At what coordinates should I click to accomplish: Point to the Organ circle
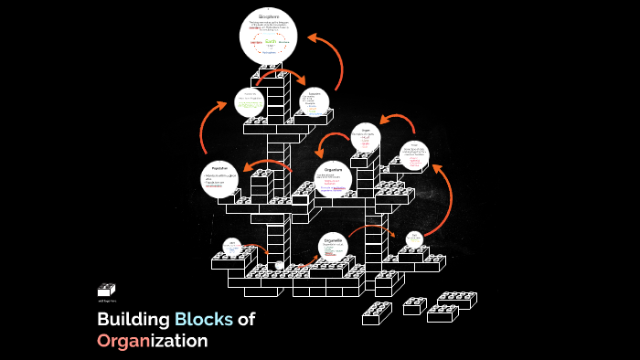tap(368, 139)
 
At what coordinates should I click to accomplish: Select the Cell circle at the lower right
tap(413, 239)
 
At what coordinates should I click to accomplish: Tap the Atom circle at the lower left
tap(232, 248)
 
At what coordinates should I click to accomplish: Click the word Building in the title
tap(133, 320)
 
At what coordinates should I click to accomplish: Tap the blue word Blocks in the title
tap(204, 320)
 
